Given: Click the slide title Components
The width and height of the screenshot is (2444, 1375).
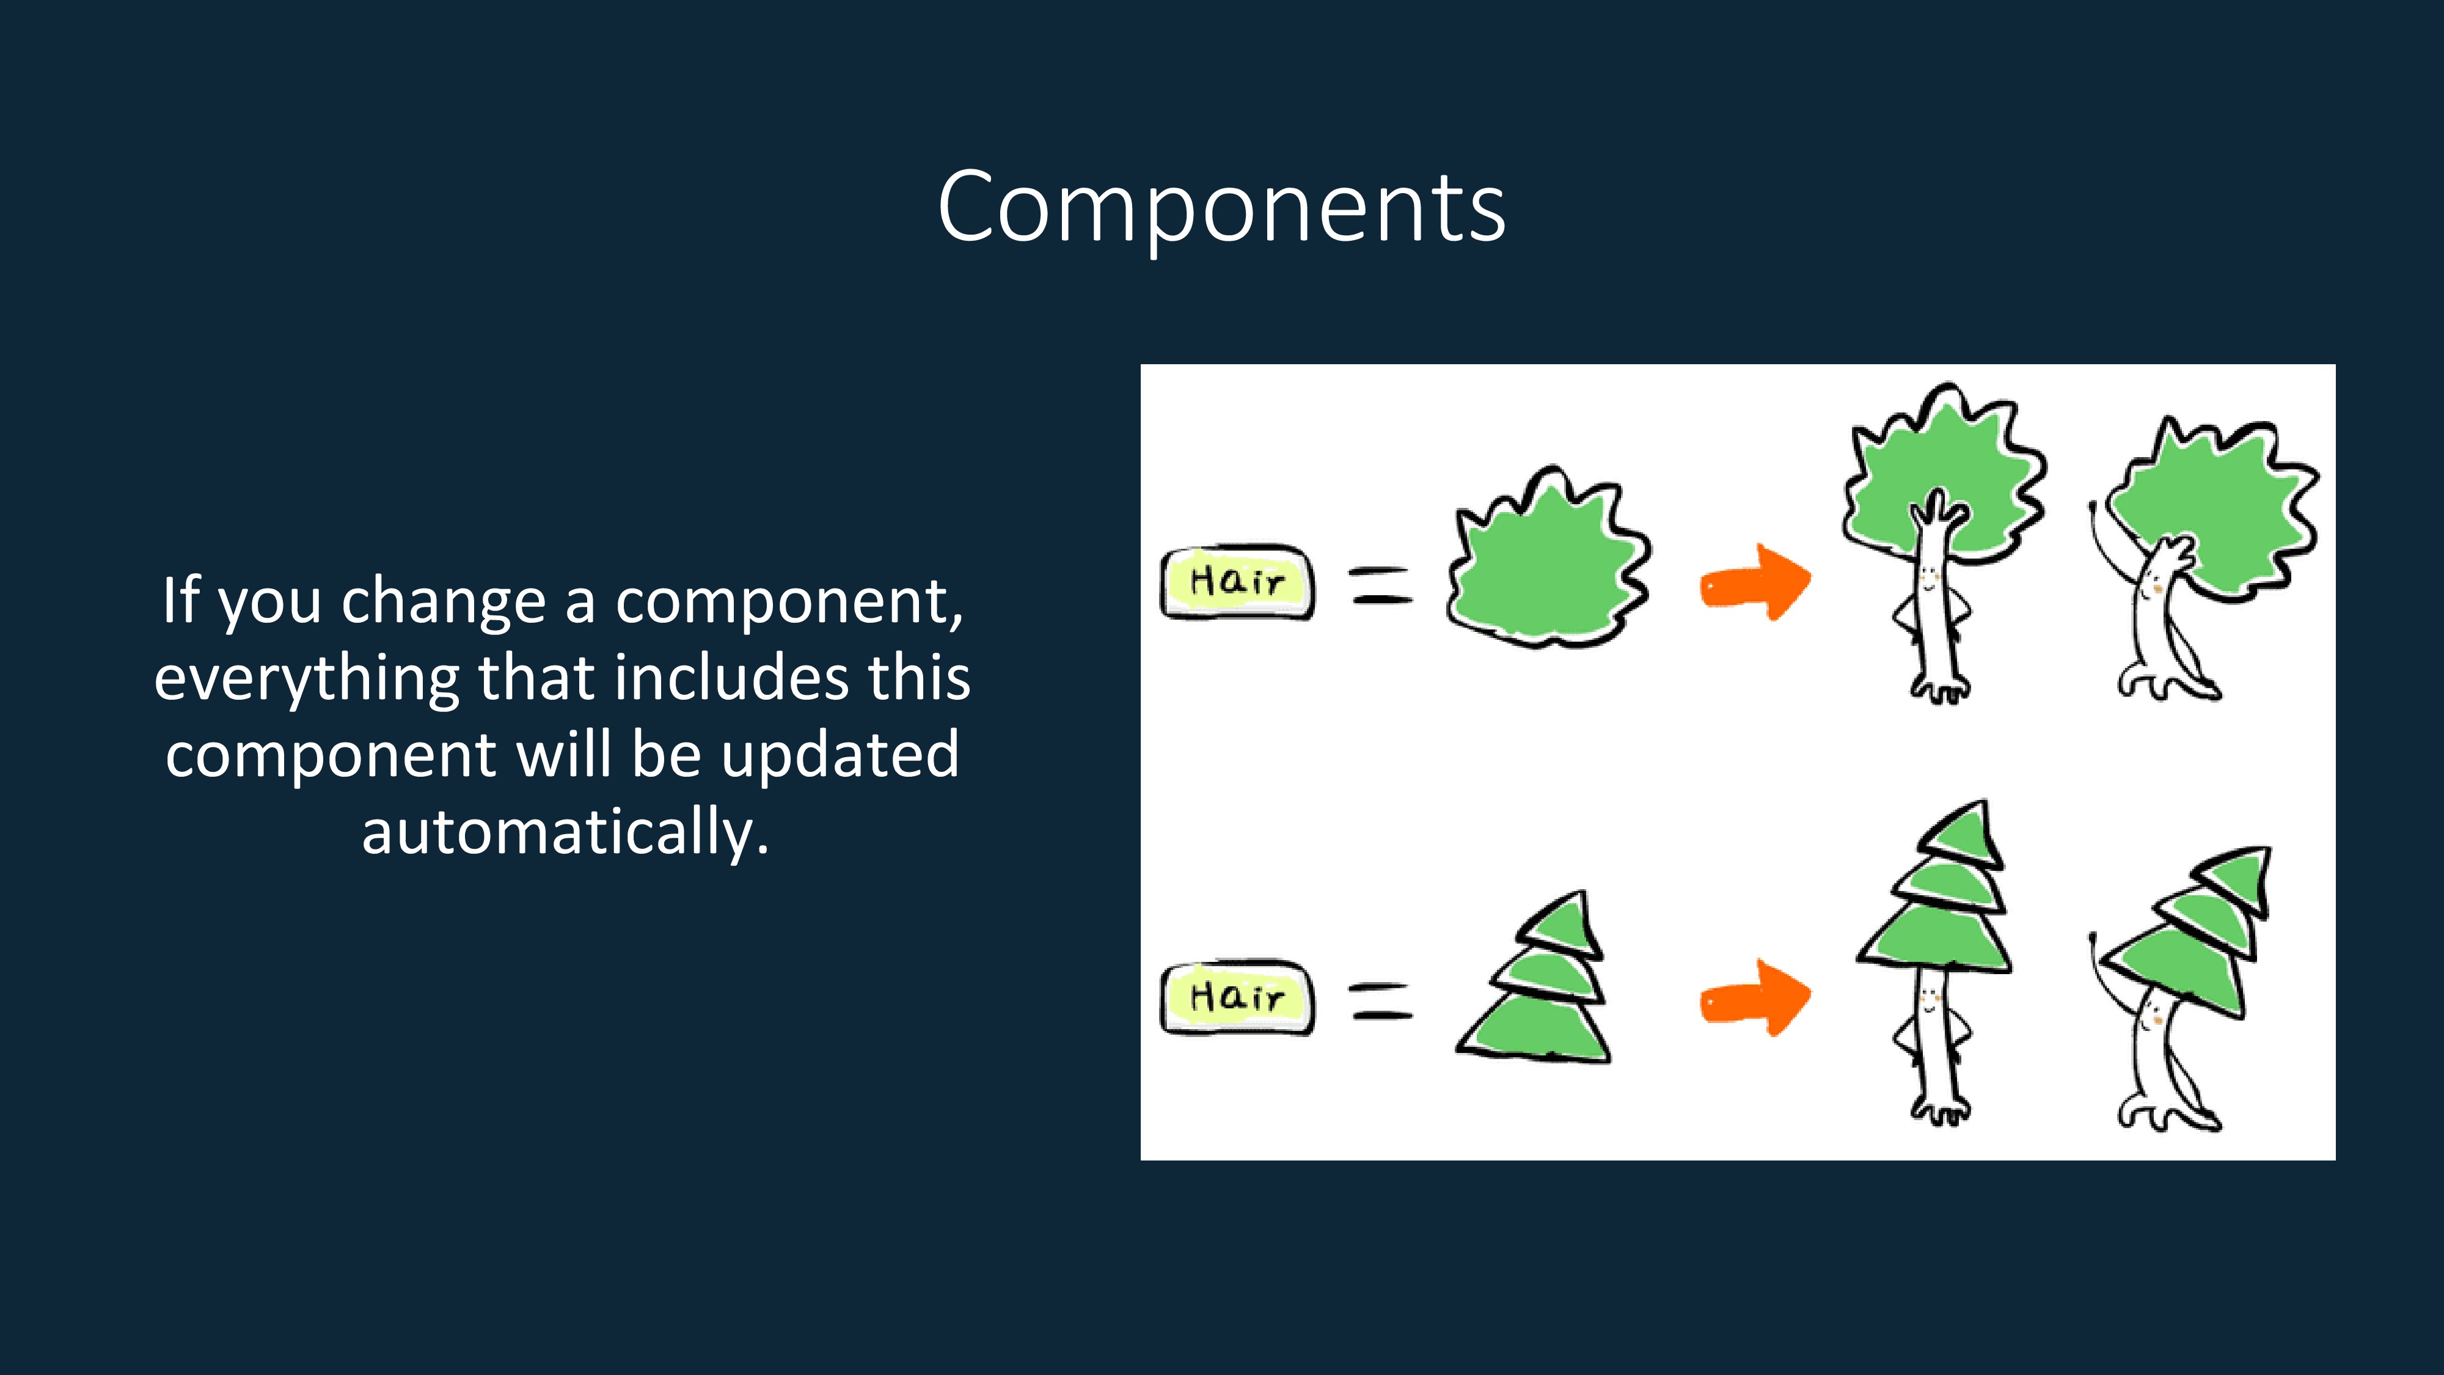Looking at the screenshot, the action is (1221, 207).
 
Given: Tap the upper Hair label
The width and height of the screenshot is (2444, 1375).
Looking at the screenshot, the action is (1238, 582).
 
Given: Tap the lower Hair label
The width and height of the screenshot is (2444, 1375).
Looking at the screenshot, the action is (1238, 997).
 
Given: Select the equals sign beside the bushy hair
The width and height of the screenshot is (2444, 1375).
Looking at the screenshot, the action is (1381, 585).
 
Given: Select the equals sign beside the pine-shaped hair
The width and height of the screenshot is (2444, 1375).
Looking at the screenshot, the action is (1381, 1000).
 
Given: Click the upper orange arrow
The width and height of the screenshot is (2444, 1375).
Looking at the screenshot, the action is (1755, 582).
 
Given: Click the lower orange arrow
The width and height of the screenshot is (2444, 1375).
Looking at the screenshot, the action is (1755, 999).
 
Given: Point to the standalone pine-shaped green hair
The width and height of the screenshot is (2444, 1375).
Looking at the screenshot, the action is (1534, 979).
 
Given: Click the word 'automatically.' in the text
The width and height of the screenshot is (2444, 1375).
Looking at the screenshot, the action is (565, 832).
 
